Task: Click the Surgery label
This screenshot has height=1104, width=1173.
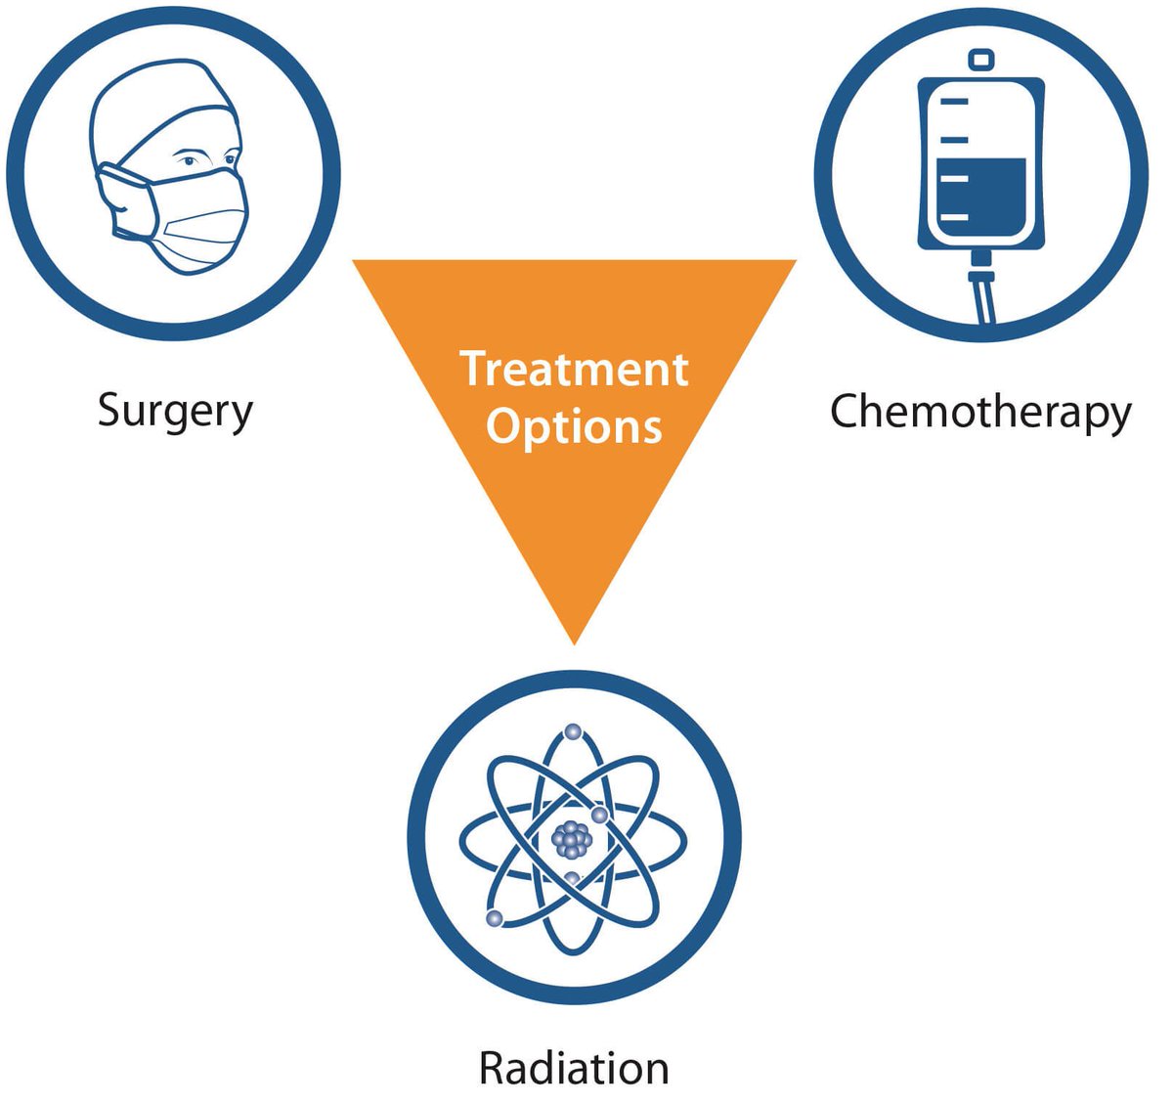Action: [x=175, y=411]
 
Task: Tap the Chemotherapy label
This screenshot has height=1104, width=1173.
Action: [x=980, y=411]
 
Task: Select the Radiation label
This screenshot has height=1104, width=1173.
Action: [x=574, y=1068]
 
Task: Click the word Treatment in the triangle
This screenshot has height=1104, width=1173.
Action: [x=575, y=369]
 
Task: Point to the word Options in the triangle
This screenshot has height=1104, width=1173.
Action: [x=575, y=426]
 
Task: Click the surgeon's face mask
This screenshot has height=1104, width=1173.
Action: [x=195, y=220]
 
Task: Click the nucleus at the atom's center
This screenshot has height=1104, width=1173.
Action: [x=572, y=838]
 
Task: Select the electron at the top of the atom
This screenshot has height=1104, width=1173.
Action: [x=573, y=731]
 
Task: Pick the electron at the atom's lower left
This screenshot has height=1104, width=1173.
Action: [x=495, y=917]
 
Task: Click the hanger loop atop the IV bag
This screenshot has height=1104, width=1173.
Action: [x=980, y=61]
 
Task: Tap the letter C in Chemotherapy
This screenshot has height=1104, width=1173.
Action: [x=845, y=411]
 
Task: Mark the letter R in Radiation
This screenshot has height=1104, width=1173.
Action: [x=493, y=1068]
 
